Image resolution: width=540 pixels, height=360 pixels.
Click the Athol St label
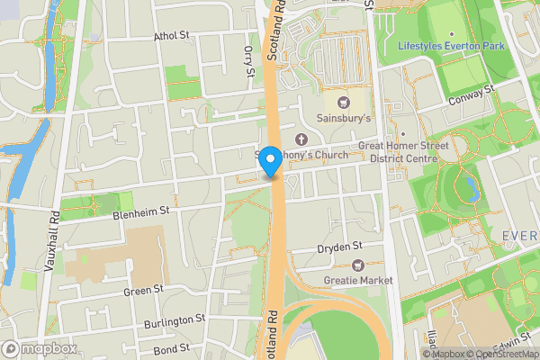pyautogui.click(x=172, y=37)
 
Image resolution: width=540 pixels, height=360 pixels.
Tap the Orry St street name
pyautogui.click(x=248, y=62)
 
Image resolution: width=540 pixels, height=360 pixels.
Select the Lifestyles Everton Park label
pyautogui.click(x=452, y=45)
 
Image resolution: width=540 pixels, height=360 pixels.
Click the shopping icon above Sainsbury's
pyautogui.click(x=344, y=102)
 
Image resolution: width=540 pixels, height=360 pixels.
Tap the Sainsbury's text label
pyautogui.click(x=344, y=118)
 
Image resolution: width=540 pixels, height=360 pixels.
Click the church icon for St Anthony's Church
pyautogui.click(x=301, y=139)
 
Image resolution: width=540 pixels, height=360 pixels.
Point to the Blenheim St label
pyautogui.click(x=141, y=213)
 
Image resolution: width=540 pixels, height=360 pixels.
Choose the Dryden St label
pyautogui.click(x=339, y=247)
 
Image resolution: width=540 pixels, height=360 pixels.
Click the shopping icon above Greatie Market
pyautogui.click(x=358, y=265)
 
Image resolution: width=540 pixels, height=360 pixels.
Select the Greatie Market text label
pyautogui.click(x=358, y=281)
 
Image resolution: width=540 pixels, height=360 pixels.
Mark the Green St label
pyautogui.click(x=144, y=290)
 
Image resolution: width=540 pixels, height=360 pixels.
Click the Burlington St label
pyautogui.click(x=174, y=321)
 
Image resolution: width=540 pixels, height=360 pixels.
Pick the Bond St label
pyautogui.click(x=171, y=347)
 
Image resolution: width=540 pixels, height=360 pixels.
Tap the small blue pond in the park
pyautogui.click(x=469, y=187)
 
